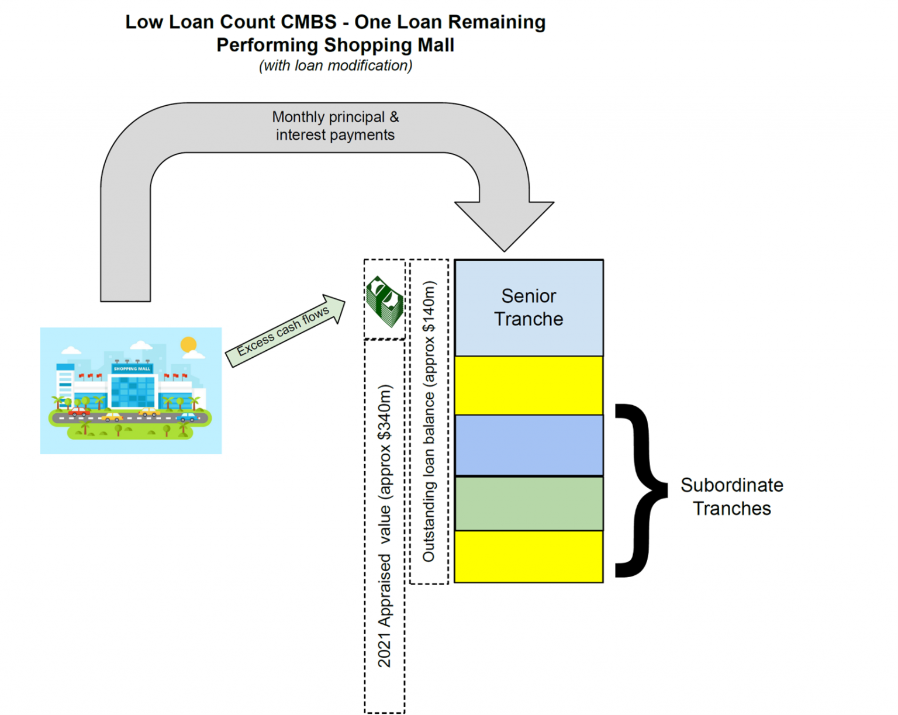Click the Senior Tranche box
click(x=529, y=308)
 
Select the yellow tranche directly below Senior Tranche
click(x=529, y=385)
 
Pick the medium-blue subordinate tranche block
click(x=529, y=445)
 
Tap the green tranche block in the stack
click(x=529, y=503)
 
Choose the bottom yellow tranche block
click(x=529, y=556)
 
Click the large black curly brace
click(x=640, y=490)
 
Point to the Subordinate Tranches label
click(x=731, y=496)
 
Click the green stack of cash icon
click(x=384, y=301)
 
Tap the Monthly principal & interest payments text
click(x=335, y=126)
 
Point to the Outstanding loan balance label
click(x=429, y=421)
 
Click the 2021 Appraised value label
click(x=384, y=526)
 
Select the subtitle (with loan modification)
click(x=336, y=65)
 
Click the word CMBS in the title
click(x=308, y=22)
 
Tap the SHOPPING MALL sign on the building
click(x=132, y=369)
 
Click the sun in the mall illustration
click(x=188, y=344)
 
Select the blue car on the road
click(x=187, y=417)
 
